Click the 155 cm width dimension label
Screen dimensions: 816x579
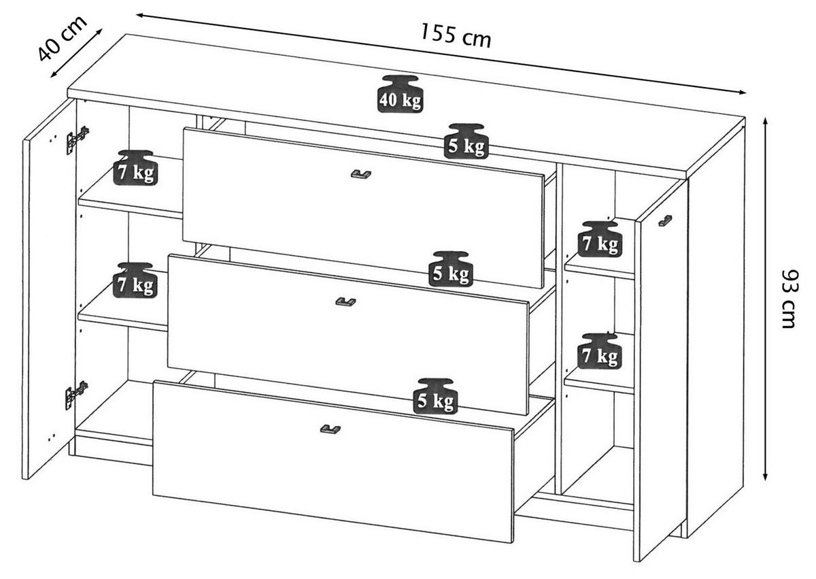click(x=456, y=36)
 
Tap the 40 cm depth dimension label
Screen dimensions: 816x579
click(x=63, y=38)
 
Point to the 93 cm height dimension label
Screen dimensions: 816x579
click(x=791, y=299)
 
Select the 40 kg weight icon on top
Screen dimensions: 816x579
click(x=401, y=94)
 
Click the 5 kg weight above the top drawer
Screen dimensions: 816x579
click(x=466, y=141)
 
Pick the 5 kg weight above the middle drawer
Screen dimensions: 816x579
click(x=451, y=269)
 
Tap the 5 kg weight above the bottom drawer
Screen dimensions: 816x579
click(x=435, y=396)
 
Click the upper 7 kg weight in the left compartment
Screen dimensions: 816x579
click(x=135, y=167)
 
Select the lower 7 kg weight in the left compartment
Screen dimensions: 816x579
click(x=135, y=280)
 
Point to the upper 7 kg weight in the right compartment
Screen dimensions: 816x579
click(x=600, y=239)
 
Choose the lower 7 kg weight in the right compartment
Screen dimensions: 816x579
click(x=600, y=351)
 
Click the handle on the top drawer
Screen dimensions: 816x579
click(x=360, y=174)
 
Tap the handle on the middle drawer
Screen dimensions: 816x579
click(x=345, y=301)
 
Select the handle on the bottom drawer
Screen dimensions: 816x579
click(x=330, y=429)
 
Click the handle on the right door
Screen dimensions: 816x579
click(x=666, y=220)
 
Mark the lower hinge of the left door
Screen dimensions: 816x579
click(x=76, y=395)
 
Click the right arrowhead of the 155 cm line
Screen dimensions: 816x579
click(x=741, y=92)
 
